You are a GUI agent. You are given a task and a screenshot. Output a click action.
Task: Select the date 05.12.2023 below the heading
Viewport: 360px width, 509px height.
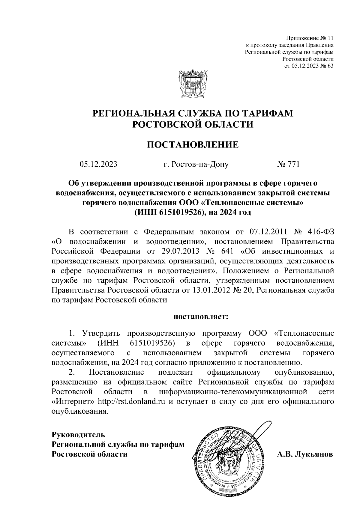point(98,164)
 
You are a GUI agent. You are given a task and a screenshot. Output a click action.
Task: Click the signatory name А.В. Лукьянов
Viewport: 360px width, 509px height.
point(305,454)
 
